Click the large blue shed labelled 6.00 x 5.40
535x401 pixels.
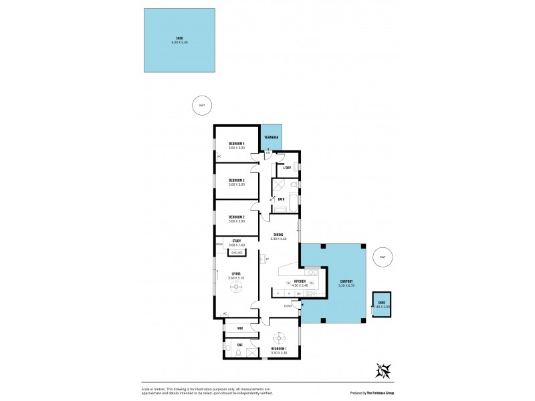[180, 40]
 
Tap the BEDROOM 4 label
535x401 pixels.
[237, 144]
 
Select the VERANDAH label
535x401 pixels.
[272, 137]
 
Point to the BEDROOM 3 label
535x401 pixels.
[237, 180]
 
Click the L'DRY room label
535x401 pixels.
[287, 168]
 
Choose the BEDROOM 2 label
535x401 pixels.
[237, 217]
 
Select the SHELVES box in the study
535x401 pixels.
[237, 252]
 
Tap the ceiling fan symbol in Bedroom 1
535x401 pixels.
[280, 338]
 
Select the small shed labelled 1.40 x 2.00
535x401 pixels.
[382, 305]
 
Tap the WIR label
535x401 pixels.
[239, 328]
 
